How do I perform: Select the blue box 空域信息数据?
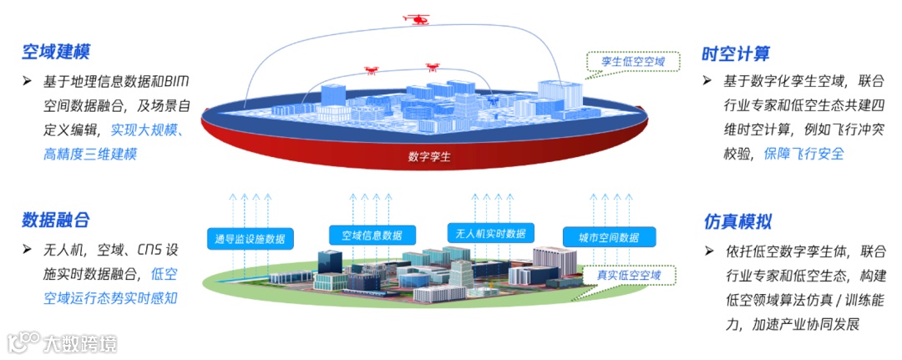(371, 235)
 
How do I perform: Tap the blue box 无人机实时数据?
(491, 233)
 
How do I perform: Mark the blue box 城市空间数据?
(607, 237)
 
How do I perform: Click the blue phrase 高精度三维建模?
(91, 154)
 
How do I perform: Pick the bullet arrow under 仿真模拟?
(708, 251)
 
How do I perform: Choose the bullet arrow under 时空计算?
(707, 81)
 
